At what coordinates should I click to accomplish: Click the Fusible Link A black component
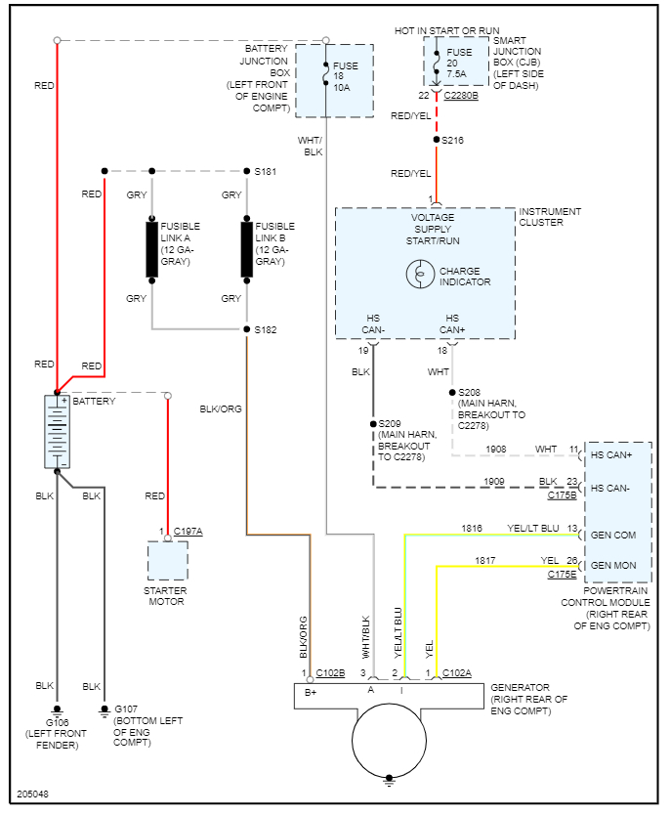(x=152, y=249)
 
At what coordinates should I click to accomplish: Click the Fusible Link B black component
(x=247, y=249)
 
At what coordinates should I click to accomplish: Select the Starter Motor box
(x=167, y=561)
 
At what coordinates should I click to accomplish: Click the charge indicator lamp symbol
(x=420, y=276)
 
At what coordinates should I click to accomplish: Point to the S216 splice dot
(x=436, y=141)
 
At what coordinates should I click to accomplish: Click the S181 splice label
(x=266, y=172)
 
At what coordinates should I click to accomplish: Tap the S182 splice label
(x=266, y=330)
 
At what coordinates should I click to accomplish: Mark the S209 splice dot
(x=373, y=424)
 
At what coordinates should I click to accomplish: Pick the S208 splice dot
(x=452, y=393)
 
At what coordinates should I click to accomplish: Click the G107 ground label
(x=127, y=709)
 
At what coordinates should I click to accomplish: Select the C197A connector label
(x=188, y=532)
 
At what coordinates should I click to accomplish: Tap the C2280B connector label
(x=461, y=96)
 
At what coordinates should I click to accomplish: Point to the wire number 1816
(x=472, y=529)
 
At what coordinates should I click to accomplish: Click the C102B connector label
(x=330, y=673)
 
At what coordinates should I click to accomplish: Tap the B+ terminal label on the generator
(x=312, y=692)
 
